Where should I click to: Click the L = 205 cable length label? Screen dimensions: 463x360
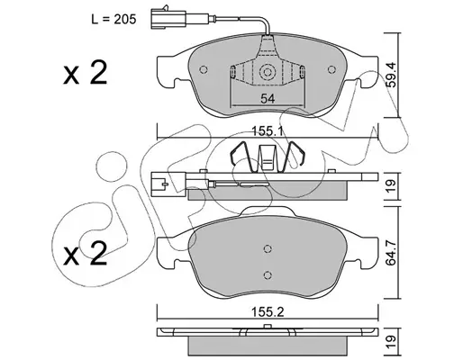pyautogui.click(x=113, y=19)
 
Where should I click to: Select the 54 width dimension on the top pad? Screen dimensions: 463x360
pyautogui.click(x=268, y=98)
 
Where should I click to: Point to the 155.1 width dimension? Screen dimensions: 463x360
pyautogui.click(x=268, y=131)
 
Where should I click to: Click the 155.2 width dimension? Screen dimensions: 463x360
pyautogui.click(x=268, y=312)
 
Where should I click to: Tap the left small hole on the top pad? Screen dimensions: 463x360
pyautogui.click(x=204, y=69)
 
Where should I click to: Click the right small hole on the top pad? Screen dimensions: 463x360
pyautogui.click(x=331, y=69)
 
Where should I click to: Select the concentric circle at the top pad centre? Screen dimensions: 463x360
pyautogui.click(x=268, y=72)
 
